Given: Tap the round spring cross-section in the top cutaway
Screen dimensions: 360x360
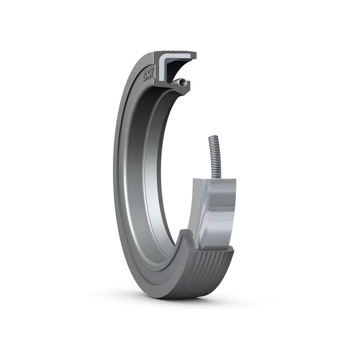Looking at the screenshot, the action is pos(183,83).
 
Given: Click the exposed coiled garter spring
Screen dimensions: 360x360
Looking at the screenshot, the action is pos(215,158).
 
